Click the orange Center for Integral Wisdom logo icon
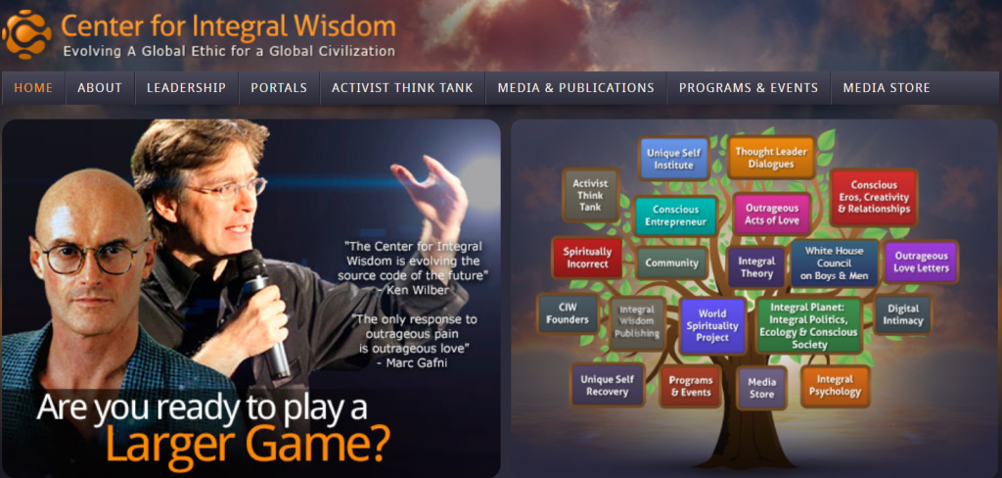pos(26,34)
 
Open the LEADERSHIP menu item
pos(187,88)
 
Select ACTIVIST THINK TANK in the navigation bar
pos(402,88)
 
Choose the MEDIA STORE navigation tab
pos(887,88)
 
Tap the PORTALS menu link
pos(279,88)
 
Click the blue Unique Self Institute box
pos(673,159)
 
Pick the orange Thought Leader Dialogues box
pos(771,158)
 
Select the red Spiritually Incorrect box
pos(587,258)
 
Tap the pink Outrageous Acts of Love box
pos(771,215)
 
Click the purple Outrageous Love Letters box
pos(921,263)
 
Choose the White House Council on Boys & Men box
pos(834,263)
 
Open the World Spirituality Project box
pos(712,326)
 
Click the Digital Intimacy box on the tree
pos(903,314)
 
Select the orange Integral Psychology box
pos(836,386)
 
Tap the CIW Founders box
pos(568,313)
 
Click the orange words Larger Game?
pos(248,443)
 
